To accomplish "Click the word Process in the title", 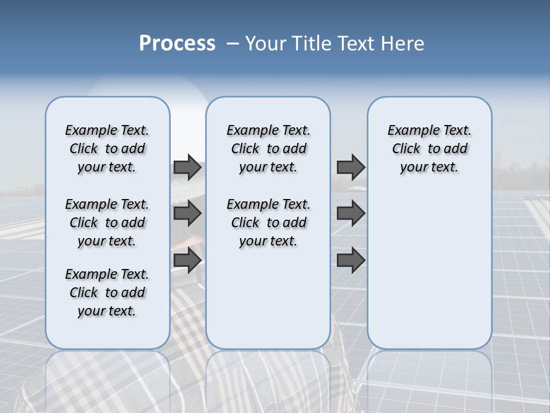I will [x=177, y=43].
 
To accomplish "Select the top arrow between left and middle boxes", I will [x=187, y=167].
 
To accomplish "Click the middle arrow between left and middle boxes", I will [x=187, y=213].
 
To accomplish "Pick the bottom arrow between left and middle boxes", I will [x=187, y=260].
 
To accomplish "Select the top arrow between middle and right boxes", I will [x=351, y=167].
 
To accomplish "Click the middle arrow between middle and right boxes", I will [x=351, y=213].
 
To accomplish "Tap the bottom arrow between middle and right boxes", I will [x=351, y=260].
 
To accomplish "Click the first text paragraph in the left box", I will [x=107, y=149].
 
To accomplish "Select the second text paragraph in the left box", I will [x=107, y=223].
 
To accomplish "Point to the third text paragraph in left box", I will [x=107, y=293].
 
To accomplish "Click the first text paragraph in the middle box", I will [x=268, y=149].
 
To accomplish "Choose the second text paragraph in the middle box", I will [x=268, y=223].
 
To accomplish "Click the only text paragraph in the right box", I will [x=430, y=149].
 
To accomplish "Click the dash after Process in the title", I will [x=233, y=43].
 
